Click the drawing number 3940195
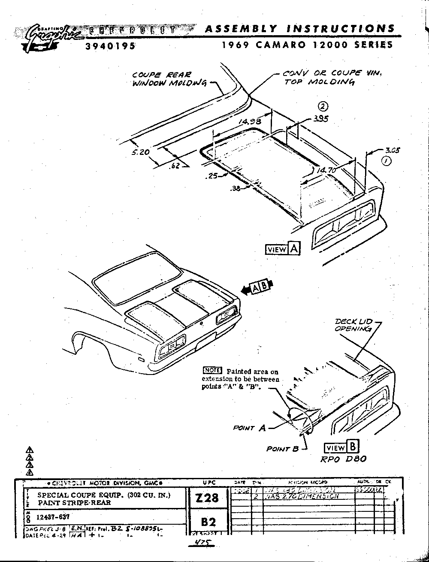pos(110,46)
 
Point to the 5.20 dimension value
pos(141,152)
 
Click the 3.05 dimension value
pos(392,150)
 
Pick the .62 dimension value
pos(175,166)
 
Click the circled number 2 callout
pos(323,107)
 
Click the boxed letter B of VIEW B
pos(353,447)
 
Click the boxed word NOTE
pos(212,371)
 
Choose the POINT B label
pos(282,449)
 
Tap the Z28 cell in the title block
pos(207,498)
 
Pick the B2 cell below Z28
pos(208,522)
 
